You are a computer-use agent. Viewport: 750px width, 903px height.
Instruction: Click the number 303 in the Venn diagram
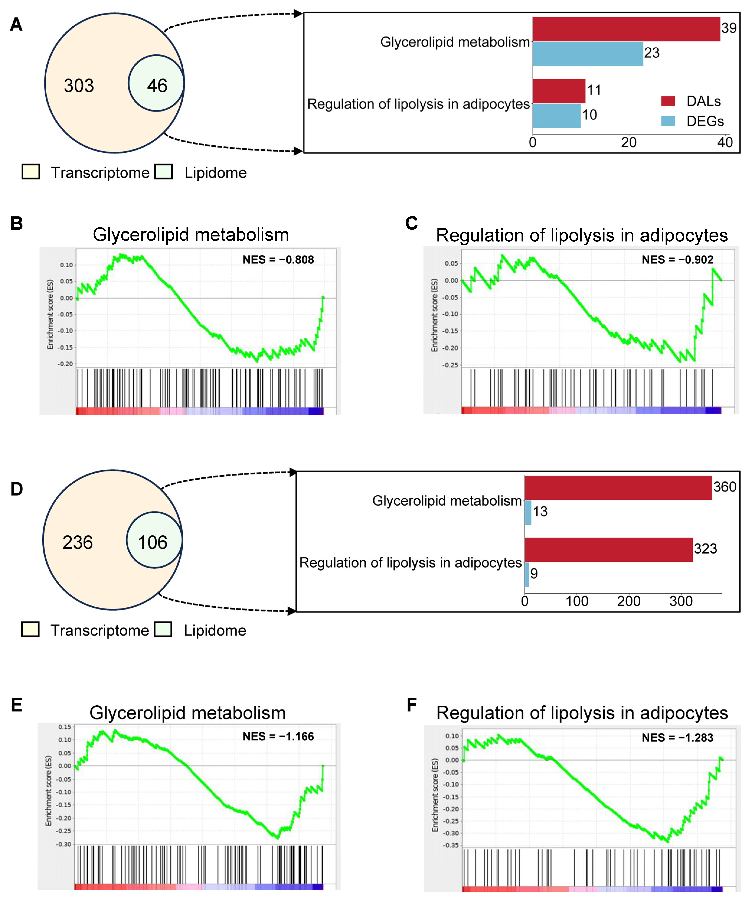(x=79, y=86)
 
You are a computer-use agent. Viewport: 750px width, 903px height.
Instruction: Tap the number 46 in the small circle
(x=157, y=86)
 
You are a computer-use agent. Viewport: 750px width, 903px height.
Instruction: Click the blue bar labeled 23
(x=587, y=54)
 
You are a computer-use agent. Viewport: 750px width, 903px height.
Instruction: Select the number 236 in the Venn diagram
(x=77, y=542)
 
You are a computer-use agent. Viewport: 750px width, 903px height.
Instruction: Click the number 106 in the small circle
(x=153, y=542)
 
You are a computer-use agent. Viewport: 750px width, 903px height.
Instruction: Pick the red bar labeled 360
(x=618, y=488)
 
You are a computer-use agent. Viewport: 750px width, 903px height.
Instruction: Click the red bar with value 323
(x=609, y=550)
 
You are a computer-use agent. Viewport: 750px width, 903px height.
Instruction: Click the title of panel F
(x=582, y=713)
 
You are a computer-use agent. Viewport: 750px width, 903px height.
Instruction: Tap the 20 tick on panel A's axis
(x=629, y=142)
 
